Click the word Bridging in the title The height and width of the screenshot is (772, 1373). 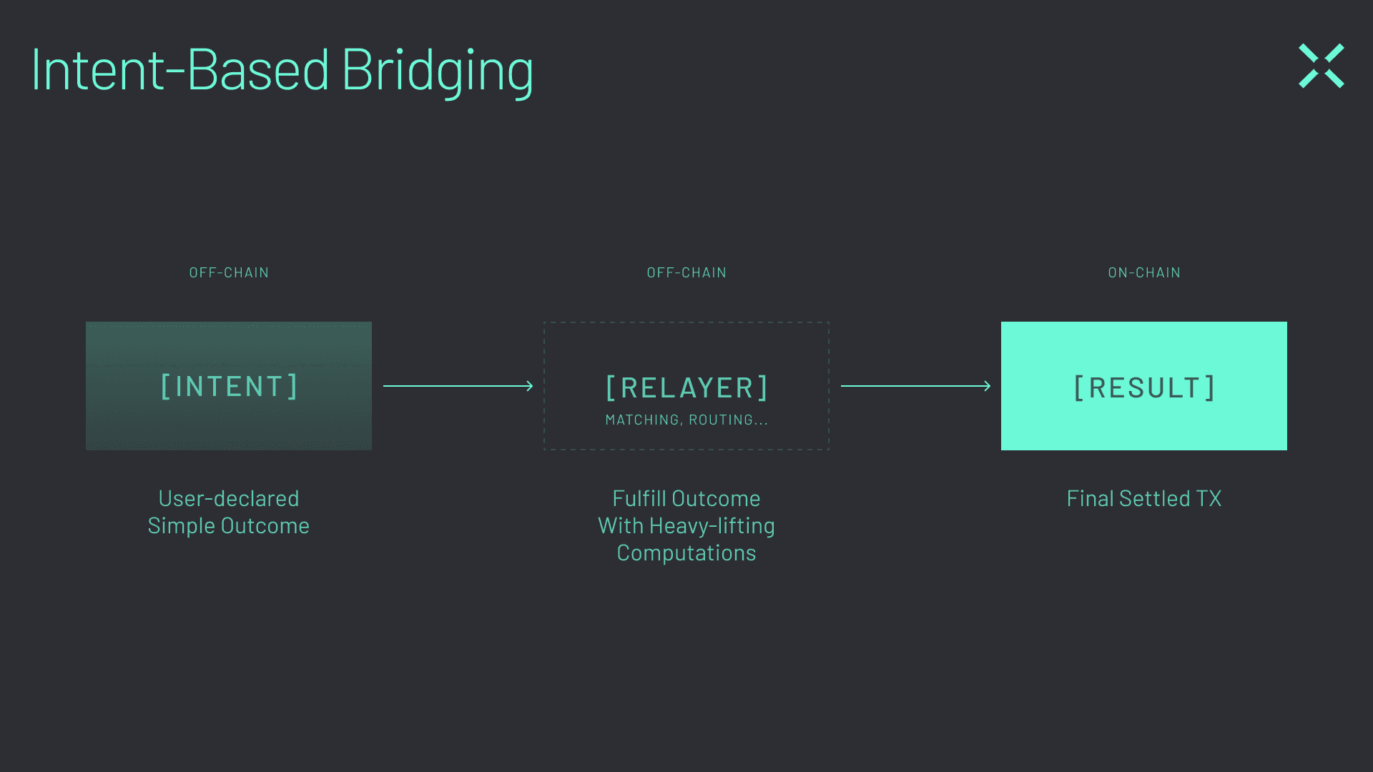(438, 71)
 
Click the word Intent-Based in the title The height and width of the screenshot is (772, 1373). (180, 71)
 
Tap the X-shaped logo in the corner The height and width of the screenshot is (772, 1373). (1321, 66)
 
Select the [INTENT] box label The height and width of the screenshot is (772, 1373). (229, 387)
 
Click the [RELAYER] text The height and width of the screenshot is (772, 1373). (686, 388)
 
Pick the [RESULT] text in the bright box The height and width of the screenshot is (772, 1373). (1144, 388)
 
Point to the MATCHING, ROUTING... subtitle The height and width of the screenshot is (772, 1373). (686, 420)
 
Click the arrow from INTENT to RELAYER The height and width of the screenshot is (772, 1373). (458, 386)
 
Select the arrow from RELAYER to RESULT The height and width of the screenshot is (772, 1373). (915, 386)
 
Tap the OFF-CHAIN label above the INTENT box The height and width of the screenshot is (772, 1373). (229, 273)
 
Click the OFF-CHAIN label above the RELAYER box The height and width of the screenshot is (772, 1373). (686, 273)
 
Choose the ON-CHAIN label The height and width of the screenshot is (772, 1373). (1144, 273)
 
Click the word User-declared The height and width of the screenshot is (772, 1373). (229, 498)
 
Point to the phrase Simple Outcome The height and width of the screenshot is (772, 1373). (229, 526)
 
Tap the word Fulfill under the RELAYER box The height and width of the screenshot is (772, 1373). (639, 498)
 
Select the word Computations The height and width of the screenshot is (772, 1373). (686, 553)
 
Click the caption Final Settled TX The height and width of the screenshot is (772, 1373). (1144, 498)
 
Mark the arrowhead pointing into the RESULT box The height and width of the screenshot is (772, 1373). (988, 386)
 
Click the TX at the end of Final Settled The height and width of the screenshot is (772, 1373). (1209, 498)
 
